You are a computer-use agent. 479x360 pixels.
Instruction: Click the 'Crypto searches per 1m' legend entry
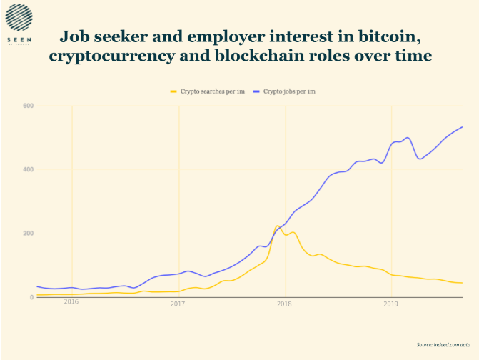[208, 91]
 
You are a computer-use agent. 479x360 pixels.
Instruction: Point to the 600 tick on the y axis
[29, 106]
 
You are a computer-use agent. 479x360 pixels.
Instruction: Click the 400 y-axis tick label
[29, 170]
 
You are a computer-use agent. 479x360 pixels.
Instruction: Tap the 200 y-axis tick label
[29, 234]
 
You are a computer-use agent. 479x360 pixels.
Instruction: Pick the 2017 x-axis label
[178, 304]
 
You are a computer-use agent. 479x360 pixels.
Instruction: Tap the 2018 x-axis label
[284, 304]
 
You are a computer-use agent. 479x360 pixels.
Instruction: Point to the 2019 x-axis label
[390, 304]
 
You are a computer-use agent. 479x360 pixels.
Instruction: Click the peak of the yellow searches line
[277, 226]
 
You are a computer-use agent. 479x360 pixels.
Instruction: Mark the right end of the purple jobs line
[463, 127]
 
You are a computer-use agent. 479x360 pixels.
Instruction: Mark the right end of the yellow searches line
[463, 283]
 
